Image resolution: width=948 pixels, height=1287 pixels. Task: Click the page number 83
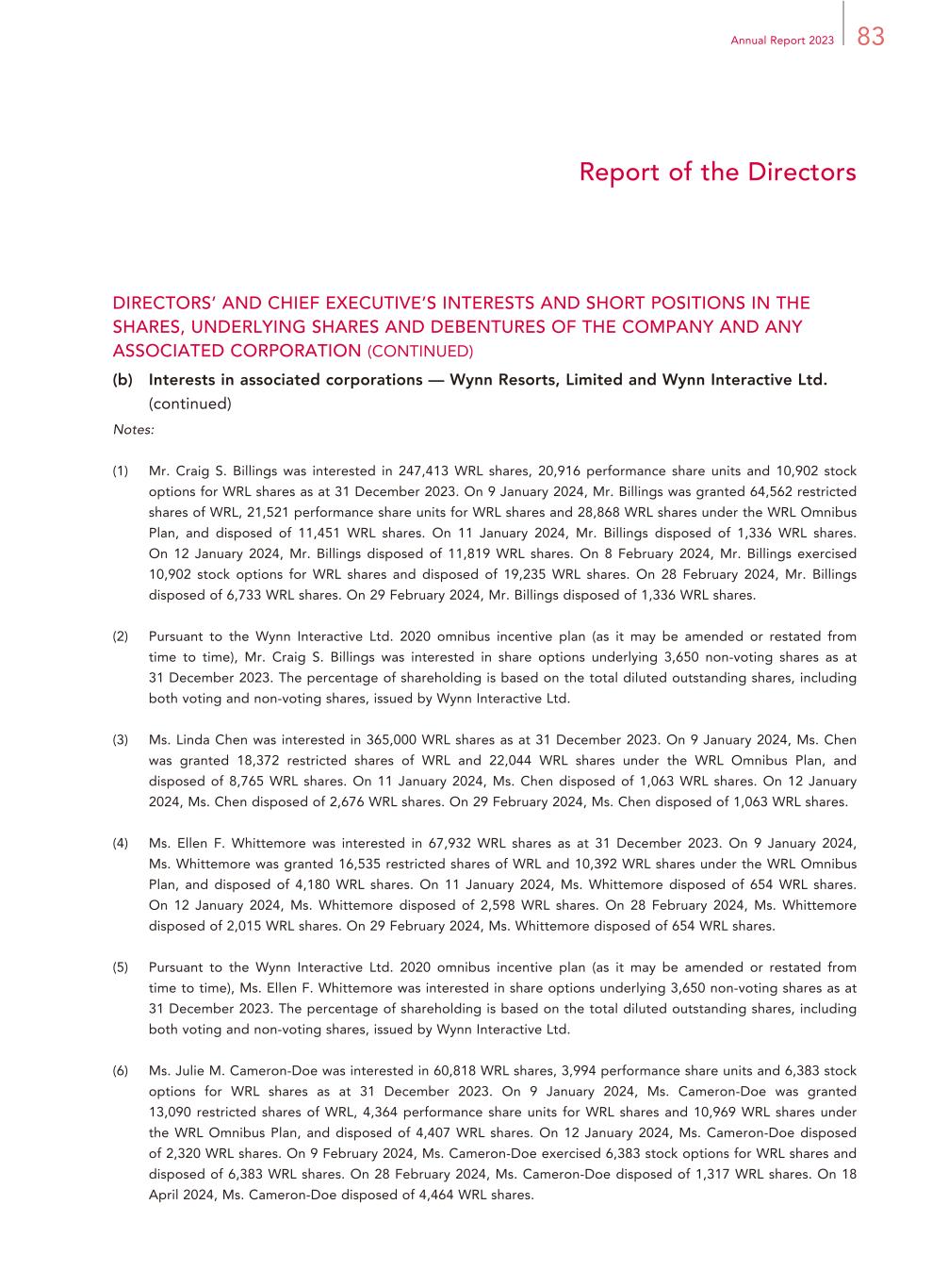click(871, 37)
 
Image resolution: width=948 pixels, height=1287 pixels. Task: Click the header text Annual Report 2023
click(782, 41)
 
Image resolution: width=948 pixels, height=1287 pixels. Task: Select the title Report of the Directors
click(717, 173)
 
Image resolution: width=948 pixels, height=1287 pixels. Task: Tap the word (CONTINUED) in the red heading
click(420, 352)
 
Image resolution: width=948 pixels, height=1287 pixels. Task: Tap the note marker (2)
click(121, 636)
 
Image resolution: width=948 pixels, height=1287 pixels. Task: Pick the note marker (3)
click(121, 740)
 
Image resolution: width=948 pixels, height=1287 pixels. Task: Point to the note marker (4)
click(121, 844)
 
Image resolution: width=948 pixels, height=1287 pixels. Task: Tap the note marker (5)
click(121, 967)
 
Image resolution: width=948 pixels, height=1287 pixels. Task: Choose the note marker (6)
click(121, 1071)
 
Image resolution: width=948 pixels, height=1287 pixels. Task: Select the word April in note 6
click(166, 1196)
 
